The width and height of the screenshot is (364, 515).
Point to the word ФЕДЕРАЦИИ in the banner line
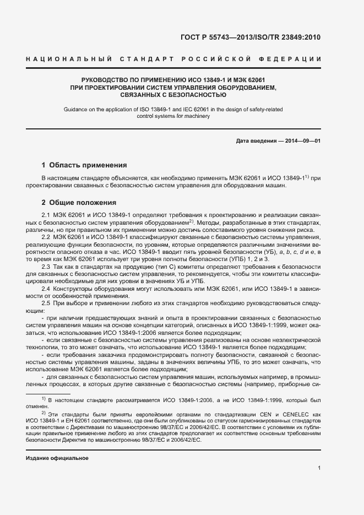294,58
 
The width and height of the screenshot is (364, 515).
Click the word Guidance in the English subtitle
78,109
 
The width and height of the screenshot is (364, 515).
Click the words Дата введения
256,141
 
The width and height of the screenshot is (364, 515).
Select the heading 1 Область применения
84,165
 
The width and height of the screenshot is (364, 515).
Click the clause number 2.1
47,215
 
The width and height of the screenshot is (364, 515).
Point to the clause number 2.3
47,266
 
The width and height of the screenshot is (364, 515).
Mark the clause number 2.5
47,304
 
